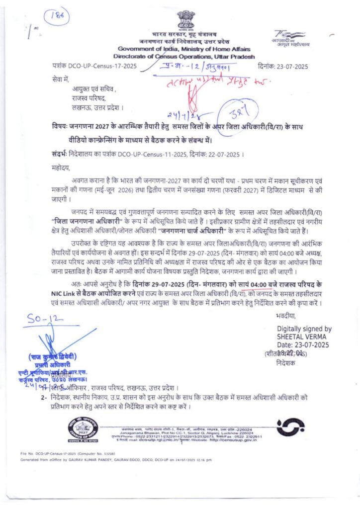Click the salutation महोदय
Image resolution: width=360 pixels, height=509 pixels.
pyautogui.click(x=61, y=168)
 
